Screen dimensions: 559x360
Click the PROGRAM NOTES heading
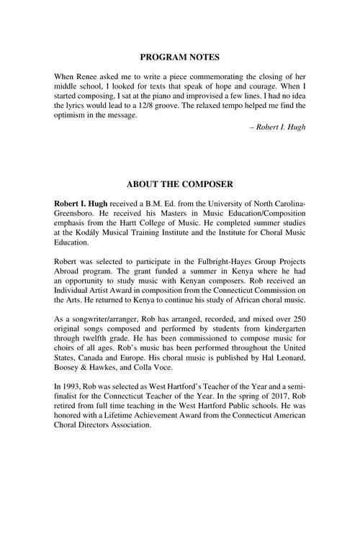[179, 57]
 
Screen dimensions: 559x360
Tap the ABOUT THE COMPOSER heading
[179, 185]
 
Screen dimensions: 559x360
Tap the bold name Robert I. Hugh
[81, 206]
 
